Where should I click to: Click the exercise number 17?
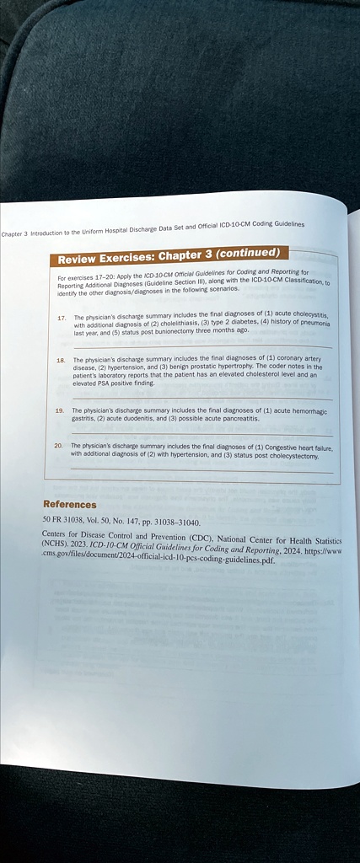tap(62, 318)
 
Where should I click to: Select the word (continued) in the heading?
tap(242, 253)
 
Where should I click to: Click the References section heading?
tap(69, 504)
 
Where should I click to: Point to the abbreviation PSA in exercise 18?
tap(105, 384)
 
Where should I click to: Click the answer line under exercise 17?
tap(202, 346)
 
